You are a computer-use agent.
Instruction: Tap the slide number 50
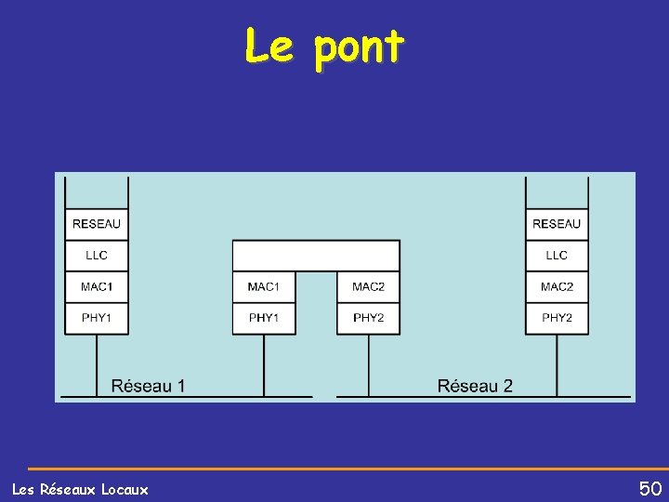click(649, 488)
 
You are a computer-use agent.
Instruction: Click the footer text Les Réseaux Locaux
click(80, 489)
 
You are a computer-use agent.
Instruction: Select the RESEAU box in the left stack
click(97, 224)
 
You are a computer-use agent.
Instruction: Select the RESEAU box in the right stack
click(557, 224)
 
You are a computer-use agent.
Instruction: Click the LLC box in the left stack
click(97, 256)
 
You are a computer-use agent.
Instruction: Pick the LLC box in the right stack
click(557, 256)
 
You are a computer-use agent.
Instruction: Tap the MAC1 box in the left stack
click(97, 286)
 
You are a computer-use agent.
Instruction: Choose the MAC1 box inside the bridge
click(264, 286)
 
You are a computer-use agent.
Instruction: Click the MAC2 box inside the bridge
click(369, 286)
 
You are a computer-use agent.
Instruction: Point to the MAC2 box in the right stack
click(557, 286)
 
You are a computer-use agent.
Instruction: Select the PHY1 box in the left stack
click(97, 318)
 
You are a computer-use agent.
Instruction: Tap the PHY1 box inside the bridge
click(264, 318)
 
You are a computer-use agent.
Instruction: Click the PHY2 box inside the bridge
click(369, 318)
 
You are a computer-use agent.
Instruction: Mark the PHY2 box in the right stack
click(557, 318)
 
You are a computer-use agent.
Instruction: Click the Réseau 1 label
click(148, 386)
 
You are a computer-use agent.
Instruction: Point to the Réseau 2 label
click(475, 386)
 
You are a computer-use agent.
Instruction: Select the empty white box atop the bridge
click(316, 255)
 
